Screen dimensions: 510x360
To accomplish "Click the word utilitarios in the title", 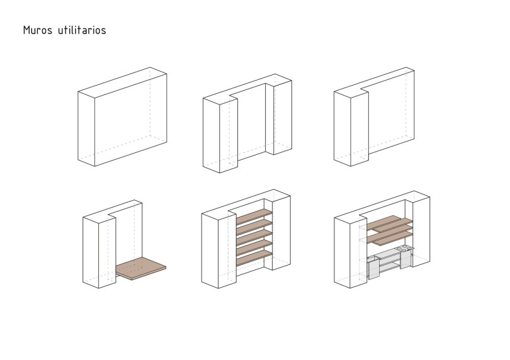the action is (82, 30).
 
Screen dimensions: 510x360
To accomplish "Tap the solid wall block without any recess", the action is (122, 116).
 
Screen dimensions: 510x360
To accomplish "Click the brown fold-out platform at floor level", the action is (141, 268).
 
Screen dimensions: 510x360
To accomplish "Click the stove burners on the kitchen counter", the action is (405, 249).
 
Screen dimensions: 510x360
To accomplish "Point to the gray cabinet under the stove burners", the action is (406, 259).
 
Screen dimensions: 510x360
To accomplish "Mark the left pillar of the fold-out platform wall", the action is (99, 251).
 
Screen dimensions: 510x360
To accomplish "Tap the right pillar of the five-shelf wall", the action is (281, 232).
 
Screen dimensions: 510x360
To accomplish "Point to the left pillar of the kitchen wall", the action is (351, 251).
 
